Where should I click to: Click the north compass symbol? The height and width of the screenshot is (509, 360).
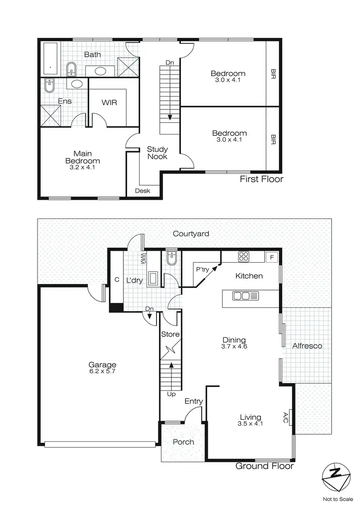[x=334, y=476]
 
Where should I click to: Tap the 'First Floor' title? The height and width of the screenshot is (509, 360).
[x=262, y=180]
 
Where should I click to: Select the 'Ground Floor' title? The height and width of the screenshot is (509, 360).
[x=264, y=465]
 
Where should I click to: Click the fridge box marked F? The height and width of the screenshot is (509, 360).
[x=272, y=256]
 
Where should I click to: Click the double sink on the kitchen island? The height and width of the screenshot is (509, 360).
[x=245, y=296]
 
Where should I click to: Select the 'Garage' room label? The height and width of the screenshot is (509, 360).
[x=102, y=364]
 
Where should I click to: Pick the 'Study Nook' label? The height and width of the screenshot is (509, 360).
[x=157, y=153]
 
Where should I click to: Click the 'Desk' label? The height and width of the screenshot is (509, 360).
[x=143, y=191]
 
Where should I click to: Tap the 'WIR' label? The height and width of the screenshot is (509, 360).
[x=109, y=103]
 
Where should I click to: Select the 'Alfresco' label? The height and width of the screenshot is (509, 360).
[x=307, y=346]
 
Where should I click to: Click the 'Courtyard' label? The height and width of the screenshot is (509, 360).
[x=191, y=234]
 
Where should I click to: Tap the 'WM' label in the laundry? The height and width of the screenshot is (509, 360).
[x=143, y=260]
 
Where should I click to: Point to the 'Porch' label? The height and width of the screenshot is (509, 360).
[x=183, y=441]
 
